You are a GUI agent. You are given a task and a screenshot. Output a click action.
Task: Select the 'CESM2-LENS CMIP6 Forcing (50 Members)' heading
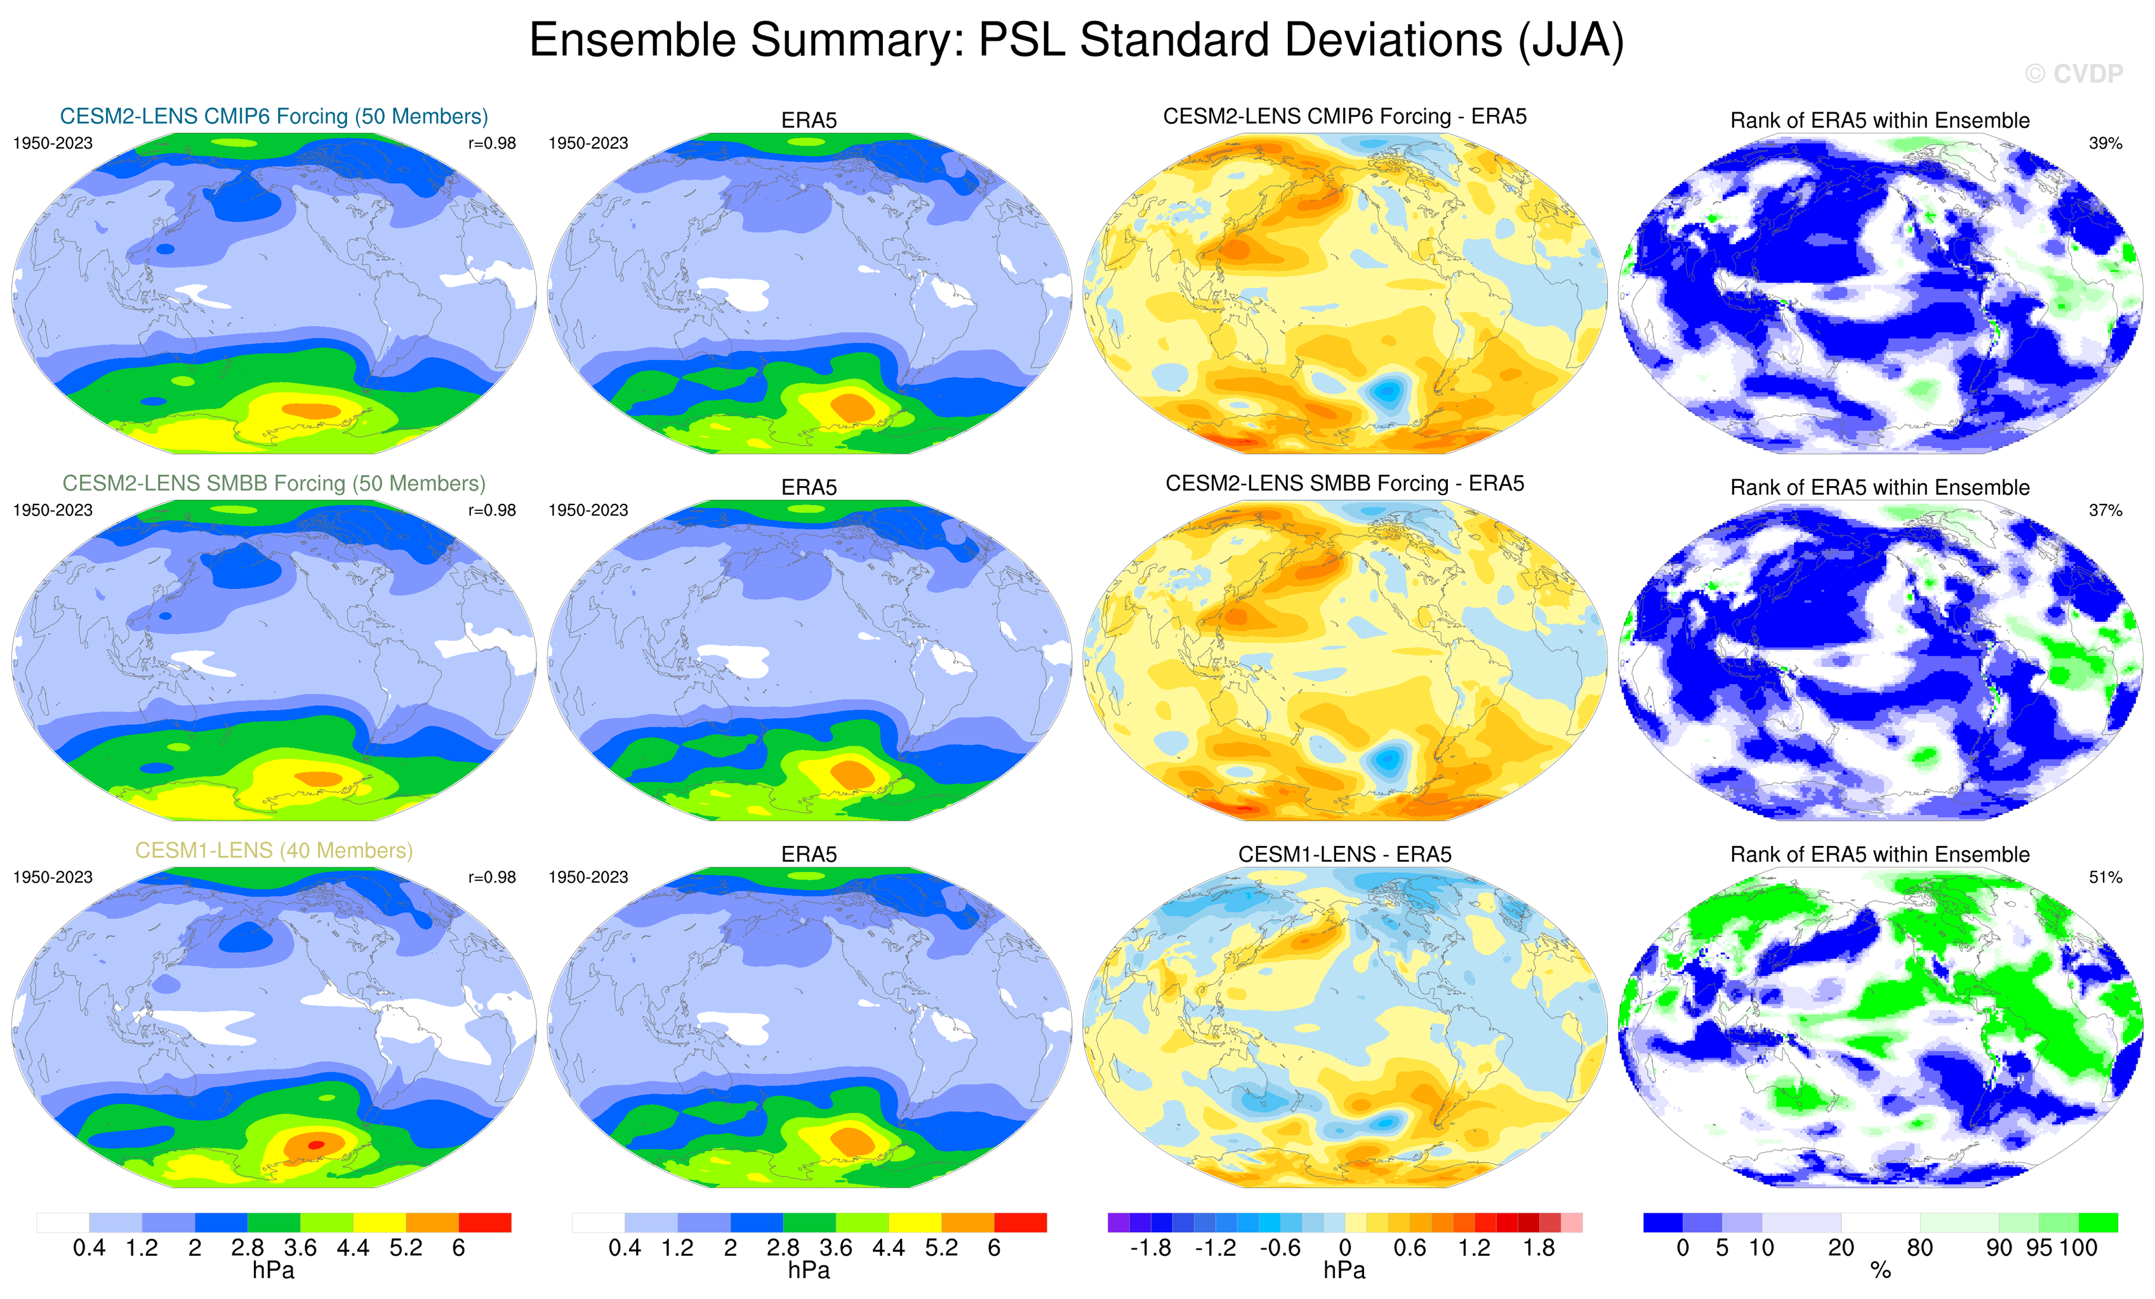(274, 116)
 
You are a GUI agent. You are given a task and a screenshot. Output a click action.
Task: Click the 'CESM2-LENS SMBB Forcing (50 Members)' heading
(274, 484)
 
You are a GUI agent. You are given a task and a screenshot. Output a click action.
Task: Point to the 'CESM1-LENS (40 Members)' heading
(274, 850)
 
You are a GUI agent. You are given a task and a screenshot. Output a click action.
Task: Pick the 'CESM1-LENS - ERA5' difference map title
(1344, 854)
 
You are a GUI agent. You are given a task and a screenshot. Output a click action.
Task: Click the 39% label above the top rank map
(2105, 143)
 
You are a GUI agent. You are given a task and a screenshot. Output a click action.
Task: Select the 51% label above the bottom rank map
(2105, 878)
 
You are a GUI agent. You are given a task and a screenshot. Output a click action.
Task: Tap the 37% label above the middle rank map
(2105, 510)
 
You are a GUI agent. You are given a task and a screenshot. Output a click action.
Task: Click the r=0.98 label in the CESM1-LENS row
(491, 878)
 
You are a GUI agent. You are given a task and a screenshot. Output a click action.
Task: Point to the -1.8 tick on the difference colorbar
(1150, 1248)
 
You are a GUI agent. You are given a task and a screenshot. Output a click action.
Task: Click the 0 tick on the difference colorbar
(1345, 1248)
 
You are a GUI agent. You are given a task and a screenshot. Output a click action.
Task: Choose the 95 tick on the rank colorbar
(2039, 1248)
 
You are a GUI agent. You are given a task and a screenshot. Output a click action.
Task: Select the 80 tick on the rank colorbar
(1920, 1248)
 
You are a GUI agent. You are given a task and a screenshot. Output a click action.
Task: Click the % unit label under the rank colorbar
(1880, 1271)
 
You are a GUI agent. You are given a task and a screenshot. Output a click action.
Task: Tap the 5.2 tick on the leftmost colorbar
(406, 1248)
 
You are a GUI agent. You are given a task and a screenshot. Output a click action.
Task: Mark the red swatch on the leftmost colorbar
(484, 1222)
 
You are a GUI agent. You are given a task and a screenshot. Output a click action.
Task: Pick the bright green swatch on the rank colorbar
(2097, 1222)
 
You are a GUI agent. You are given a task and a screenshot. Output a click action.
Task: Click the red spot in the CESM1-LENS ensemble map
(317, 1144)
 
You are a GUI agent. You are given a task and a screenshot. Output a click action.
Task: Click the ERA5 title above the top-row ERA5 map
(809, 121)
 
